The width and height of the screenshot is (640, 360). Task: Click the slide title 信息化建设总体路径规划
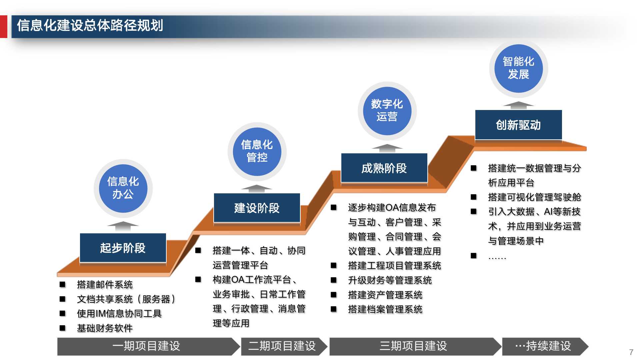point(90,26)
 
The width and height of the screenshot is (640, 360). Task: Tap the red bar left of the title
point(3,27)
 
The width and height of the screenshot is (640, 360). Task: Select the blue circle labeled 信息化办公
point(123,188)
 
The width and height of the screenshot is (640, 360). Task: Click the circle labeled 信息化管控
point(257,151)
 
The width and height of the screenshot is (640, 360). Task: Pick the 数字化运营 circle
point(387,111)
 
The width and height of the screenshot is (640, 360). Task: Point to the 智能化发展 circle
point(518,68)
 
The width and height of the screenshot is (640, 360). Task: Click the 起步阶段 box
point(123,248)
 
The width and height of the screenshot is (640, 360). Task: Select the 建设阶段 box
point(257,208)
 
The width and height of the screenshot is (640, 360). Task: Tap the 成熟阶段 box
point(384,168)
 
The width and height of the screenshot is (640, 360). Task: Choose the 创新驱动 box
point(518,125)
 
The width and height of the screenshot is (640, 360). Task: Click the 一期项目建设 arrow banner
point(147,346)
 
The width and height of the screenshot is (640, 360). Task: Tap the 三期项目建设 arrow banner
point(413,346)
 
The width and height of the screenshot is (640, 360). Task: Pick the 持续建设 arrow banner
point(543,346)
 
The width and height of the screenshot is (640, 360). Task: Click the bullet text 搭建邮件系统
point(105,285)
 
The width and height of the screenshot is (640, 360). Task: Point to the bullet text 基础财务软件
point(105,328)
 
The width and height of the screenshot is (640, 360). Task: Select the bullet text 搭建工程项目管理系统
point(394,266)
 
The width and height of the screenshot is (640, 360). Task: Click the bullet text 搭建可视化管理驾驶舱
point(534,197)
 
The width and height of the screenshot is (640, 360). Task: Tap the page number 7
point(631,352)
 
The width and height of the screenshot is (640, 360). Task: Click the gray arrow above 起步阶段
point(123,226)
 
